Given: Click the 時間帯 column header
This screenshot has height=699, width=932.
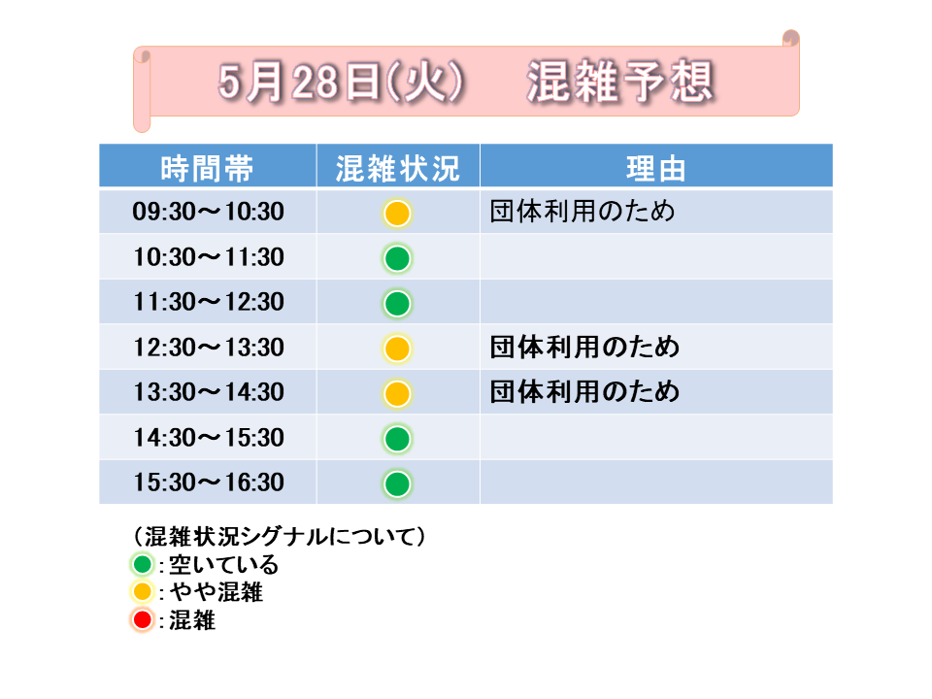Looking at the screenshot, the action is point(207,168).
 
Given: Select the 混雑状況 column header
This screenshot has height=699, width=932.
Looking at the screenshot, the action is point(398,168).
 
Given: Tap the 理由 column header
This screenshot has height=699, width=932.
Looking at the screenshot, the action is point(656,168).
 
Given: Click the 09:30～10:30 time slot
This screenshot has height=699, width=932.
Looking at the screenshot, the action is point(208,212).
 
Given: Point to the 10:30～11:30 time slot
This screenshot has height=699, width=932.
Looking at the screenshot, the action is point(208,256).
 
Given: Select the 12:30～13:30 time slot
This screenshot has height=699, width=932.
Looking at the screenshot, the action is point(208,348).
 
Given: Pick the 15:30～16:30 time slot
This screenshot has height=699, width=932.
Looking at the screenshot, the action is point(208,483).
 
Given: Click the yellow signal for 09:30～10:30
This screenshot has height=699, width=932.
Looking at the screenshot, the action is point(397,214).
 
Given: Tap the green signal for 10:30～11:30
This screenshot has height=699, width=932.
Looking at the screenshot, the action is point(397,258).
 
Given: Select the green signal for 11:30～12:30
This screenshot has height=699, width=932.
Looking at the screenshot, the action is point(397,304).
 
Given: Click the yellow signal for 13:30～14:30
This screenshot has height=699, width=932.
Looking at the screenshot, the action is point(397,393).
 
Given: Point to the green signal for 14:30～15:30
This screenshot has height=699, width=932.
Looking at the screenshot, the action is point(397,439).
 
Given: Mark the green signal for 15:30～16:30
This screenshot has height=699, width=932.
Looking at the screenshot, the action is point(397,483).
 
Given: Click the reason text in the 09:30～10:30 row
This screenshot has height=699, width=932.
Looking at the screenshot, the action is point(582,211).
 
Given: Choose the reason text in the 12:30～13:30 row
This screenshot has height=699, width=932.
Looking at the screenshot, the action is point(584,347).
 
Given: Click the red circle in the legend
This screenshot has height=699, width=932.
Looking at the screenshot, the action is point(143,620).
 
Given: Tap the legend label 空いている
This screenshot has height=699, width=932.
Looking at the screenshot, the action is point(223,565).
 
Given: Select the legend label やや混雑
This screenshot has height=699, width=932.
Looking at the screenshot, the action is point(216,592).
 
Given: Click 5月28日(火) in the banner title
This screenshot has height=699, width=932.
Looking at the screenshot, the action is point(341,82).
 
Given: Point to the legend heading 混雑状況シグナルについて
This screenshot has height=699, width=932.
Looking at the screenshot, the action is point(280,536).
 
